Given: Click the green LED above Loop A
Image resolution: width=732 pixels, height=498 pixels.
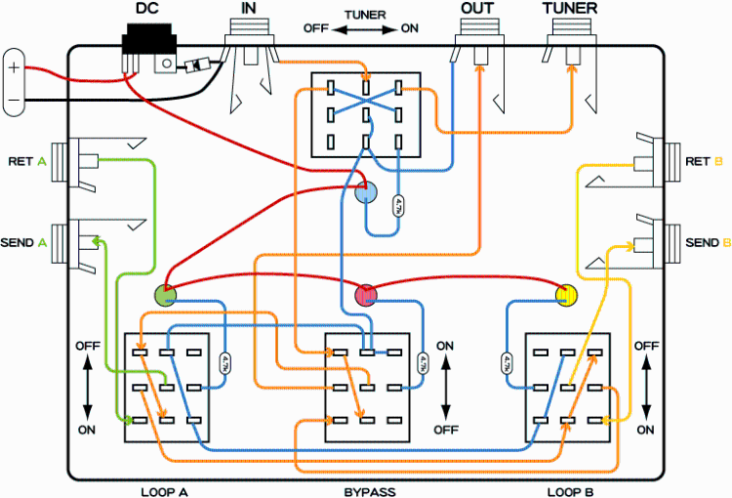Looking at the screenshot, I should tap(166, 293).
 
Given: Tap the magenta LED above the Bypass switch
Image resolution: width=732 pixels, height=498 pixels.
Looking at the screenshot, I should tap(364, 293).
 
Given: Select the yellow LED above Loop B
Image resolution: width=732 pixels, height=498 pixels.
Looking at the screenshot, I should tap(566, 293).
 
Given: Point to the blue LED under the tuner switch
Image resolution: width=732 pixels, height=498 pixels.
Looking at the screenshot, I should tap(365, 191).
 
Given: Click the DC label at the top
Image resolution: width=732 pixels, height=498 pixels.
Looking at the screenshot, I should tap(146, 9).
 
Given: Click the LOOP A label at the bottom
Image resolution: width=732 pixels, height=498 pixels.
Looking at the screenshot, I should tap(163, 489).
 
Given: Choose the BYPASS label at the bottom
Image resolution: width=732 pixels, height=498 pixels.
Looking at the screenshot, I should tap(368, 489).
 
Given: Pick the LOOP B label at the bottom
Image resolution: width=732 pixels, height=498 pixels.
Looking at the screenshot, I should tap(569, 489).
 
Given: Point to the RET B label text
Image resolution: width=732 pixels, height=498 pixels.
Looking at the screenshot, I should tap(704, 161).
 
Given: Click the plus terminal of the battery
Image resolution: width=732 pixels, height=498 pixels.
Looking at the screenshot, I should tap(14, 69).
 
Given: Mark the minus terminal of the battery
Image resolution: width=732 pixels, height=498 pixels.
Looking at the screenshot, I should tap(14, 100).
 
